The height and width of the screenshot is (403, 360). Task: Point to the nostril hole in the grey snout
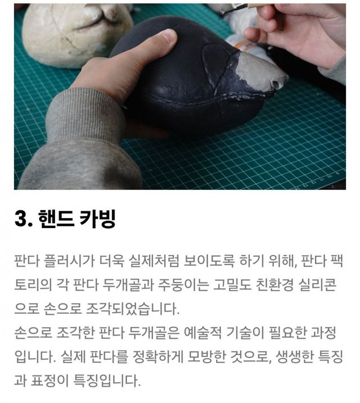276,84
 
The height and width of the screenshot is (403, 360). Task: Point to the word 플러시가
67,261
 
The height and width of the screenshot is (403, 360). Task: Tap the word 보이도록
209,261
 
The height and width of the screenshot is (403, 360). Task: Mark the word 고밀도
232,285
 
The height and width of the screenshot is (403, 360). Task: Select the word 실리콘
317,285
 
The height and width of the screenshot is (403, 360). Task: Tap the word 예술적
202,333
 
